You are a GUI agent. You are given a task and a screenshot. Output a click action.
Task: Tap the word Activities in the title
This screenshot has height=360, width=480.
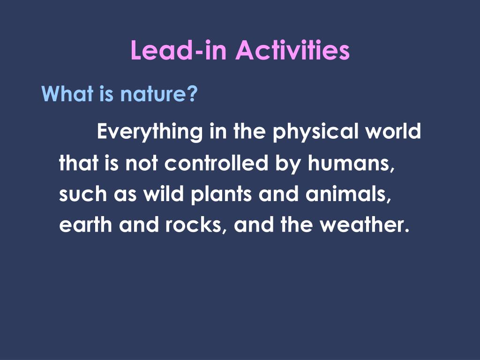click(292, 50)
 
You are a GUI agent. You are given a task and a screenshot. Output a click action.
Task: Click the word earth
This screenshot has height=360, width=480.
click(86, 225)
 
